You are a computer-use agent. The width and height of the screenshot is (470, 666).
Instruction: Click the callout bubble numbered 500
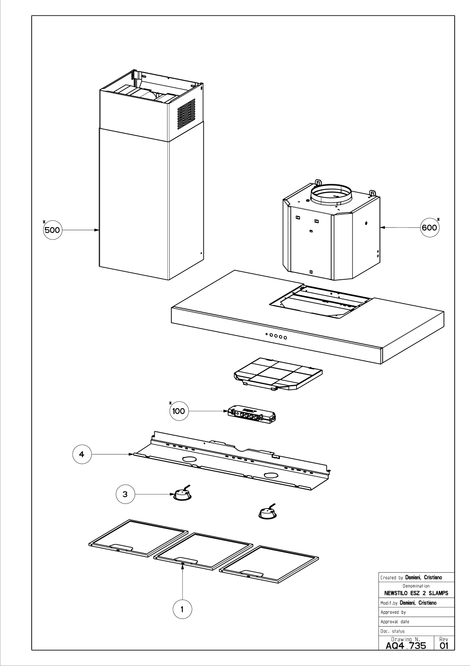click(53, 230)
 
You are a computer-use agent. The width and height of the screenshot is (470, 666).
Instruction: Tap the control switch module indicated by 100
click(252, 415)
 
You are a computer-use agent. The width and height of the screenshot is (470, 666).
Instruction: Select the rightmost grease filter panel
click(270, 564)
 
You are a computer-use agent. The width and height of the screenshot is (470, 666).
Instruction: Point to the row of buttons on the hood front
click(276, 336)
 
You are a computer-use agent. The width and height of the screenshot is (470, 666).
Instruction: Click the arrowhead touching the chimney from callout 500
click(97, 230)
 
